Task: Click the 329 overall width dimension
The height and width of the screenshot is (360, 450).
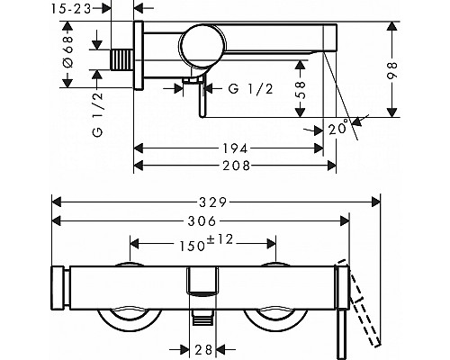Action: pos(213,202)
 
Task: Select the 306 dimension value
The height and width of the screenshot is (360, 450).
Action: pos(202,221)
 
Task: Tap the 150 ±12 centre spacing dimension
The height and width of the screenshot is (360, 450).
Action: pos(206,243)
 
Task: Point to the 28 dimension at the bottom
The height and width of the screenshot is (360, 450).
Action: pos(203,349)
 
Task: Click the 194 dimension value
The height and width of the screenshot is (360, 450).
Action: pos(235,148)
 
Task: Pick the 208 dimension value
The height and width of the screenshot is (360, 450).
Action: pos(237,166)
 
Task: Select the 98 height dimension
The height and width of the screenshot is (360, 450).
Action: pos(391,70)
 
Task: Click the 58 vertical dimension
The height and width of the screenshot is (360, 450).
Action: pos(300,90)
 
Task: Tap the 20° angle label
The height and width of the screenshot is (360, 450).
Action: pos(338,128)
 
